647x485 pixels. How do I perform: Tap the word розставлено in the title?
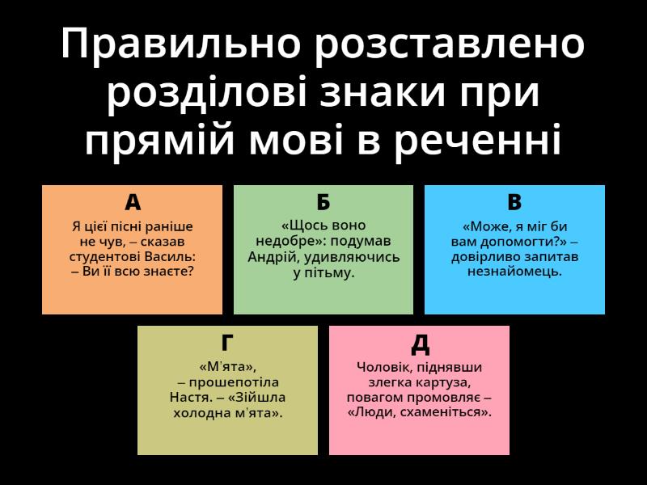(450, 44)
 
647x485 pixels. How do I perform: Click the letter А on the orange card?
(133, 202)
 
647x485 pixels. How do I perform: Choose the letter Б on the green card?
(323, 202)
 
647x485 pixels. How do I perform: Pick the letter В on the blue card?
(514, 202)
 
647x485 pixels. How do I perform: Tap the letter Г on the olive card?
(227, 343)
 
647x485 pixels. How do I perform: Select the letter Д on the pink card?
(420, 344)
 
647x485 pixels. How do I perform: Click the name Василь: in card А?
(170, 256)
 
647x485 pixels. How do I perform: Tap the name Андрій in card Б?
(273, 257)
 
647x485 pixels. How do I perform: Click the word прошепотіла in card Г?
(234, 382)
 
